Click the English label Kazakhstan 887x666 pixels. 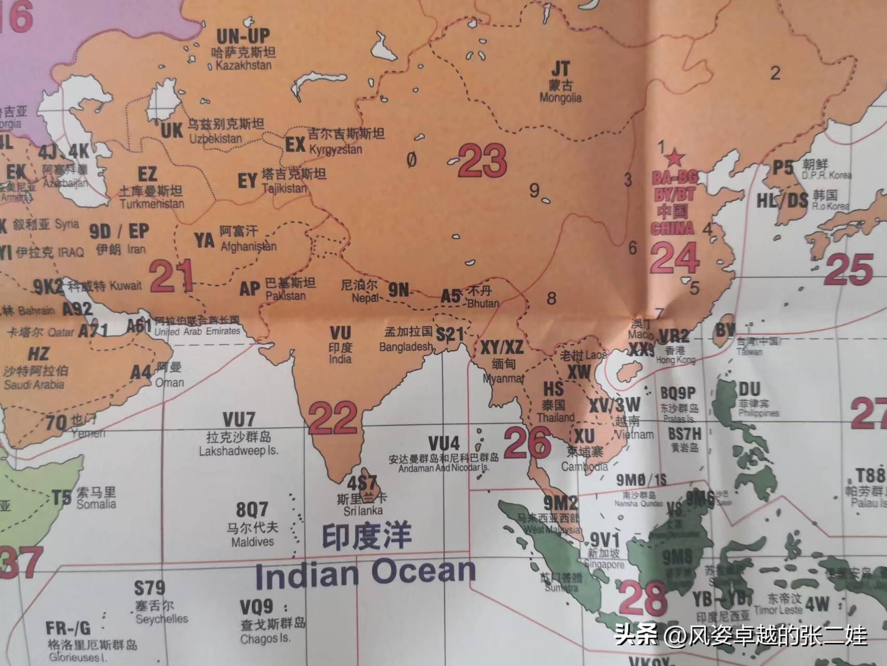tap(243, 66)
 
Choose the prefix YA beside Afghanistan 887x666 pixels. tap(204, 240)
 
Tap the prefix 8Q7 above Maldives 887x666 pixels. tap(252, 509)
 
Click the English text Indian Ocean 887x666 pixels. tap(365, 573)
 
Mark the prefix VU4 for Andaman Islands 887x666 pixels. tap(443, 443)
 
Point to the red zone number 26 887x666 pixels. tap(527, 443)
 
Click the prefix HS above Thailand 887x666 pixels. tap(553, 388)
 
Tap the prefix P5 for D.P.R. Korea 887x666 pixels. tap(782, 168)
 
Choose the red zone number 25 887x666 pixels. tap(848, 268)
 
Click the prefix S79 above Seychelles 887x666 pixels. tap(149, 588)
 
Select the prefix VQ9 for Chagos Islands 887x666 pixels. tap(256, 607)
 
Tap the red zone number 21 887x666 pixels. tap(171, 276)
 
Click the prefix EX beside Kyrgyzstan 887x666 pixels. tap(295, 144)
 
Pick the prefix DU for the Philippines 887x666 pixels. tap(749, 389)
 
